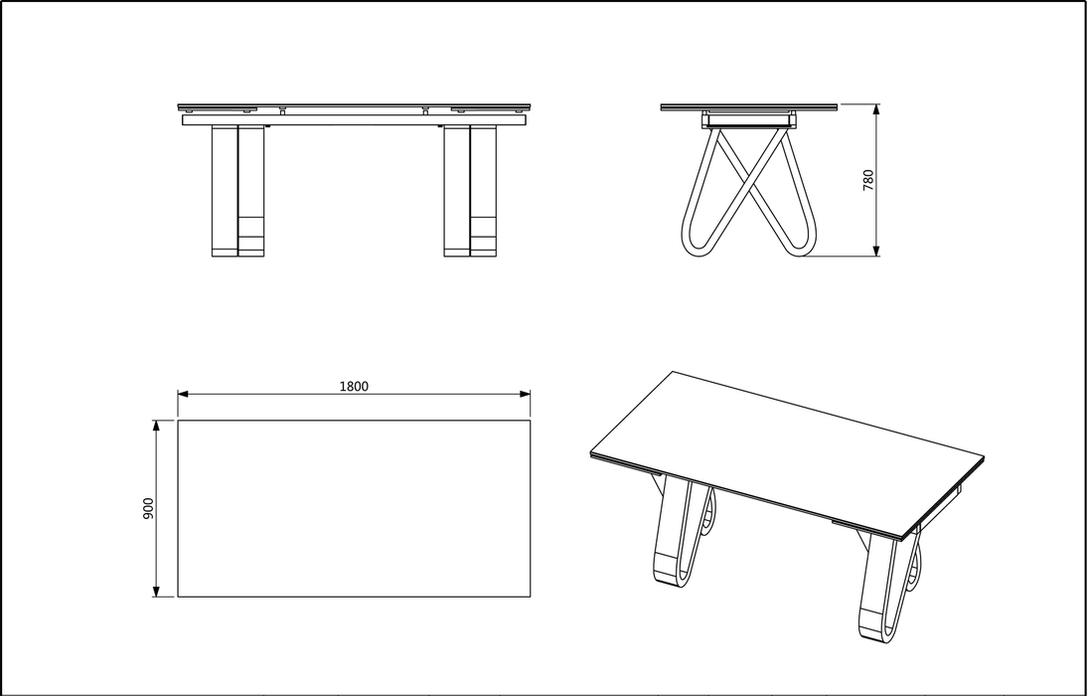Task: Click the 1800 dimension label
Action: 354,387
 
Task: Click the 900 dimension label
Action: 149,509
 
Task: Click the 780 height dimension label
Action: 867,180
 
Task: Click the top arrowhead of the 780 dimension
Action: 875,108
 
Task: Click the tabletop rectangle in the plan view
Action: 354,508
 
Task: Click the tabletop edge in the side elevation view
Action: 750,106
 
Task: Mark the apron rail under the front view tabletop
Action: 354,120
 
